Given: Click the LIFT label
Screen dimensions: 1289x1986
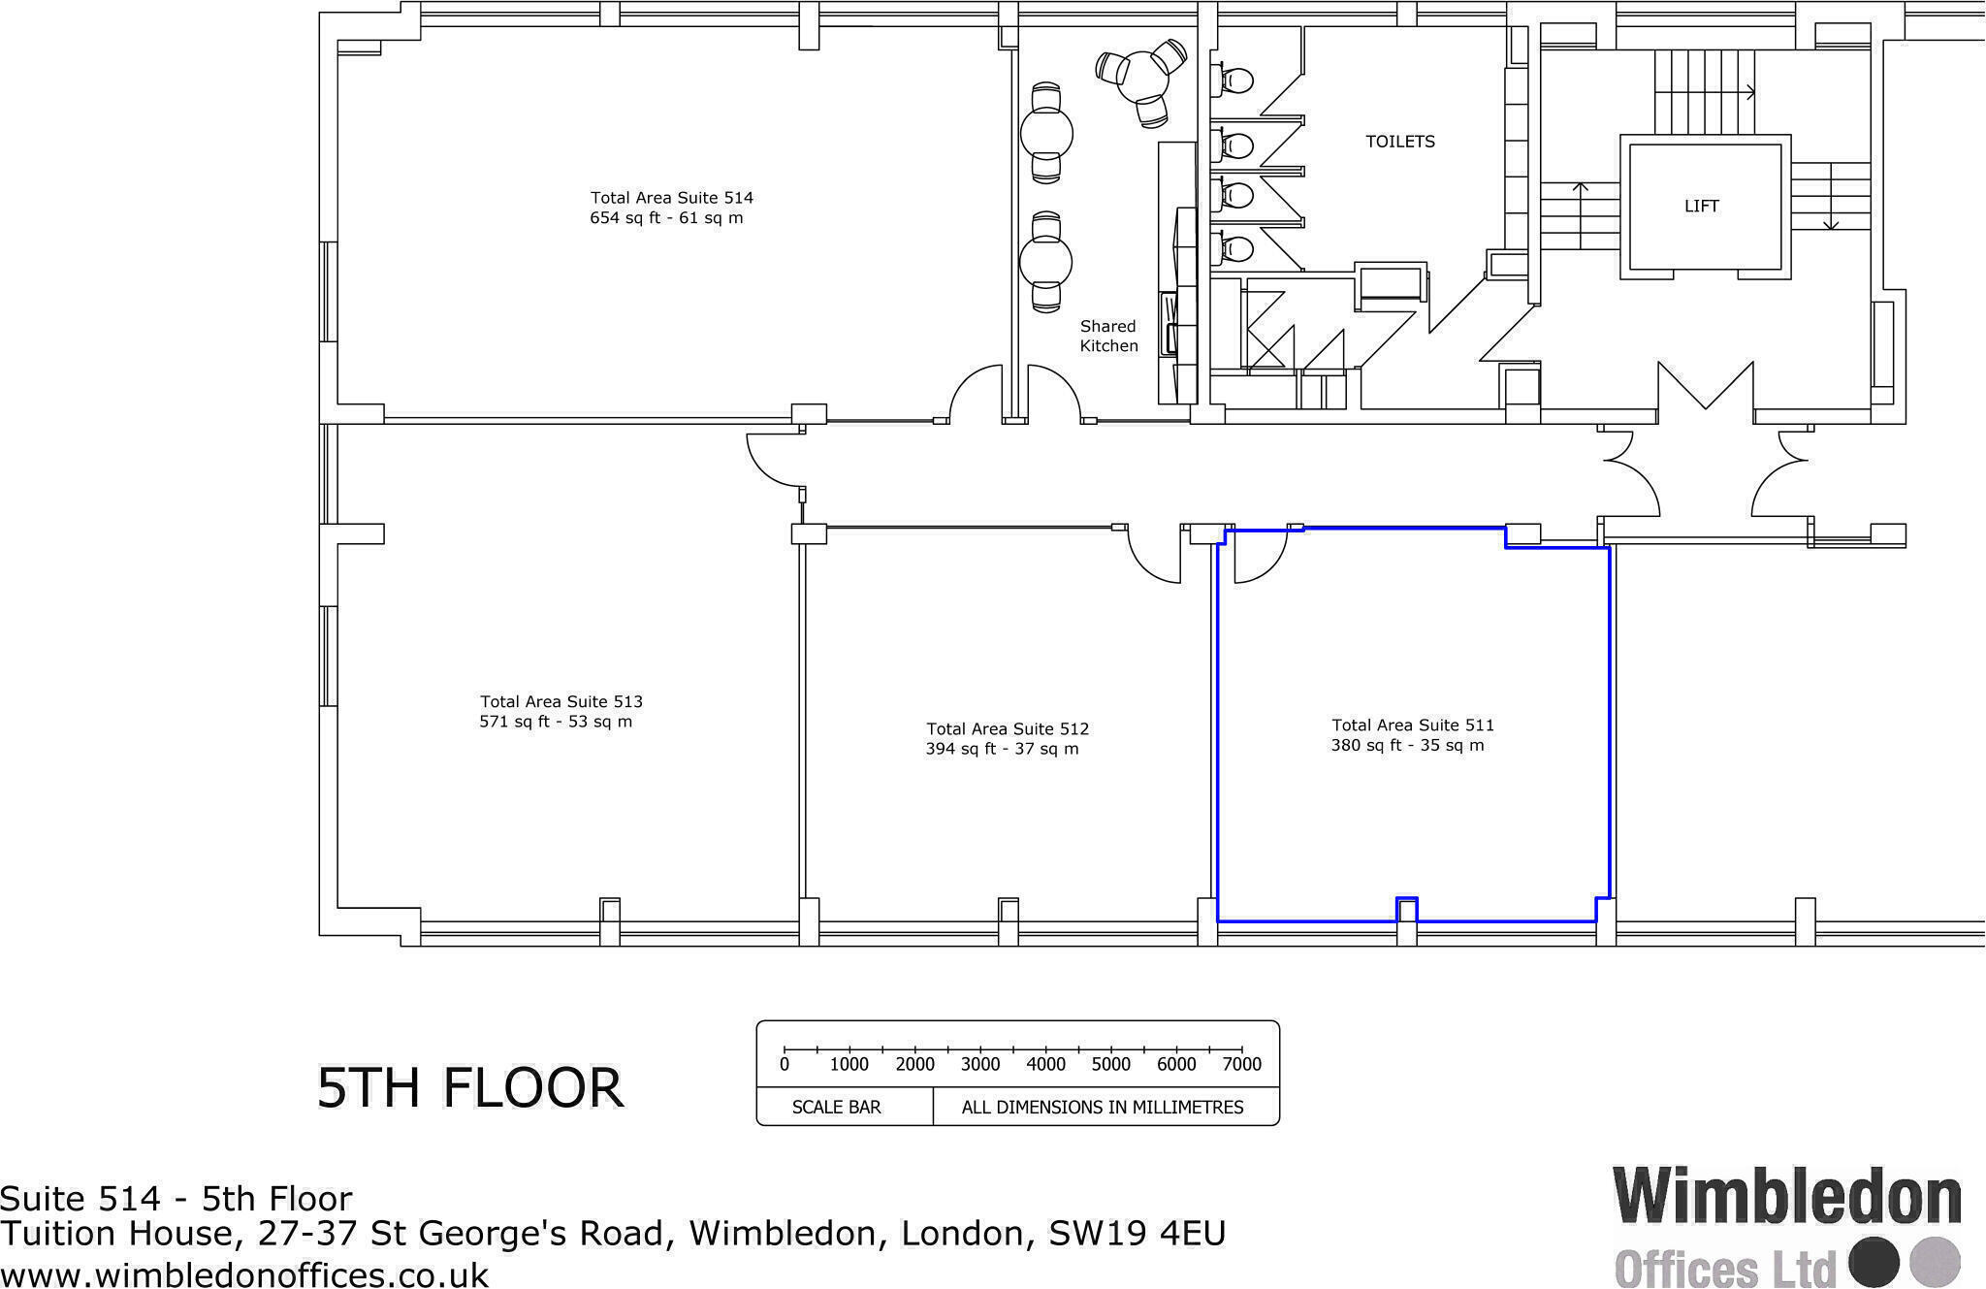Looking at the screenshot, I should (x=1701, y=207).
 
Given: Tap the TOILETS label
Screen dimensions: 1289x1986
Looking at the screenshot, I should (x=1399, y=142).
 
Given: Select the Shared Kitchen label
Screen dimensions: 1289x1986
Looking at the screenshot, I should (x=1108, y=337).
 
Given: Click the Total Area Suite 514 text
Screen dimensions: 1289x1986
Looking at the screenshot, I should (x=671, y=198).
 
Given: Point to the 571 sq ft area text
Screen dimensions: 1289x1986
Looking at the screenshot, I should (x=555, y=722).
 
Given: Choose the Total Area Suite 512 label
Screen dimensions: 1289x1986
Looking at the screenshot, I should (x=1007, y=728).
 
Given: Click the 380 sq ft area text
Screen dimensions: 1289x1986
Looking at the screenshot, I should (x=1406, y=746).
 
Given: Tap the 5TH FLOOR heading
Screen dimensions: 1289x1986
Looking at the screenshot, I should (x=470, y=1087).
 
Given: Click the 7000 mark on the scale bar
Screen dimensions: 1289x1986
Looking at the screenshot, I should (x=1242, y=1064).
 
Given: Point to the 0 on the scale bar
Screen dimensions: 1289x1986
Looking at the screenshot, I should (x=785, y=1064).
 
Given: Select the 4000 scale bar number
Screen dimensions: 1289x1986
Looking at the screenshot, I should (x=1045, y=1064).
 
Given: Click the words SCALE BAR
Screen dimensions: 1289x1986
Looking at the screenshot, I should (x=836, y=1107).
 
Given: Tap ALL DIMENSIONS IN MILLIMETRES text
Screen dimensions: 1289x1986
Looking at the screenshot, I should (x=1102, y=1107).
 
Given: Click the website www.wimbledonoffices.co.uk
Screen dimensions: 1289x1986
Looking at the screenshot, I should (x=244, y=1273).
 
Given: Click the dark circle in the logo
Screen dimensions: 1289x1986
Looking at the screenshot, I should (x=1874, y=1263).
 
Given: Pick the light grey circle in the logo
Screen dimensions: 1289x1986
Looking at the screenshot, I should (x=1935, y=1263).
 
